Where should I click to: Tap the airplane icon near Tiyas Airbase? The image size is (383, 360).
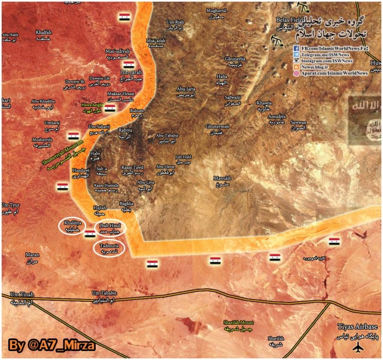point(358,347)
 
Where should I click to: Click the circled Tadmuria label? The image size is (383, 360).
point(109,247)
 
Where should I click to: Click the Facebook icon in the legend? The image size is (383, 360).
point(296,47)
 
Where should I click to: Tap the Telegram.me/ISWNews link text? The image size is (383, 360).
point(330,54)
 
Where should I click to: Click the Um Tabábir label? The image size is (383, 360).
point(104,295)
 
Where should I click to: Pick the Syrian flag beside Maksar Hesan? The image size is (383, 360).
point(110,108)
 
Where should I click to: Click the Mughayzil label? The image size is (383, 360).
point(217,13)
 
